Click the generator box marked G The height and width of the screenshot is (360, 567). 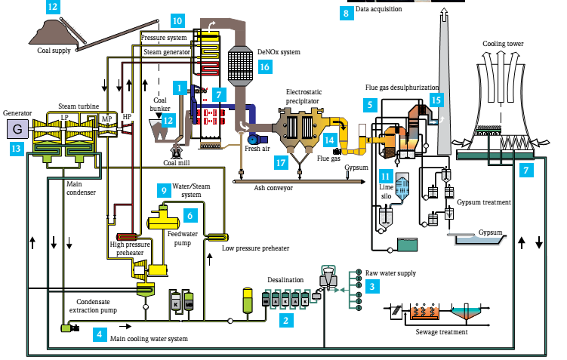pyautogui.click(x=17, y=130)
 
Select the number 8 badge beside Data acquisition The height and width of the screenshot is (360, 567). pyautogui.click(x=347, y=12)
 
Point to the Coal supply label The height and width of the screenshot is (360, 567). pyautogui.click(x=54, y=51)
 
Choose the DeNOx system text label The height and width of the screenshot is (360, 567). pyautogui.click(x=279, y=52)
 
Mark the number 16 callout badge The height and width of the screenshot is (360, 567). pyautogui.click(x=263, y=67)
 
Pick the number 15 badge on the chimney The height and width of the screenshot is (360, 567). pyautogui.click(x=436, y=99)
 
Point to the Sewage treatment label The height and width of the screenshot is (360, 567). pyautogui.click(x=442, y=331)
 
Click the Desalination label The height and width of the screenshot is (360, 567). pyautogui.click(x=285, y=279)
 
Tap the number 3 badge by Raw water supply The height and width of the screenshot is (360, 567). pyautogui.click(x=371, y=286)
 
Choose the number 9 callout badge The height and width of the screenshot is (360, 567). pyautogui.click(x=164, y=191)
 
